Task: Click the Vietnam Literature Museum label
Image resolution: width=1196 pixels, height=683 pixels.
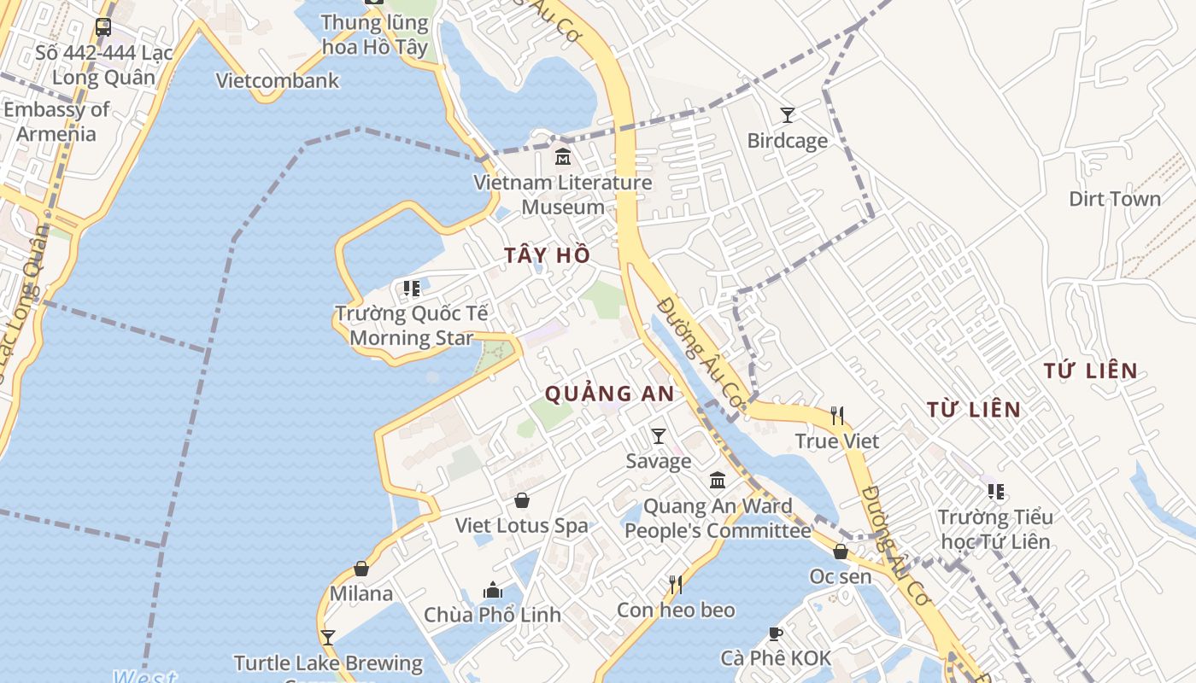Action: (563, 195)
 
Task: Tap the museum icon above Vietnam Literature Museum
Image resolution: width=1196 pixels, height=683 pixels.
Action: (563, 158)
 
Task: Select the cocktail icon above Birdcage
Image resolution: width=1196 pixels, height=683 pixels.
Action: (788, 114)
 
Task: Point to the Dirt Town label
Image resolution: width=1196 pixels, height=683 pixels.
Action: (1115, 199)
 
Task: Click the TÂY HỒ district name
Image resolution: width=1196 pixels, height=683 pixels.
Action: (547, 254)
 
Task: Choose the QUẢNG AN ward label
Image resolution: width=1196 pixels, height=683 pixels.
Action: (609, 394)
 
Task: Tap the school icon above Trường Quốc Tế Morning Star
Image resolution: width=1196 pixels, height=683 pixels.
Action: (412, 289)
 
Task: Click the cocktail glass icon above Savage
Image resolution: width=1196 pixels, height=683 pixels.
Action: (659, 436)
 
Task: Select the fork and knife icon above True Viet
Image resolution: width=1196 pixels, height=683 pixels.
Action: (837, 416)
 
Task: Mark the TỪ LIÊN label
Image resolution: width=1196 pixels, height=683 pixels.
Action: (974, 410)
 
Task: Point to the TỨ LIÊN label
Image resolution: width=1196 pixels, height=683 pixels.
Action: (1091, 371)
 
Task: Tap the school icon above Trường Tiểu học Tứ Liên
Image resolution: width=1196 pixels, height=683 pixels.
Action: (995, 492)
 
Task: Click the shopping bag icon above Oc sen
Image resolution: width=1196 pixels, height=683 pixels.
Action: (841, 552)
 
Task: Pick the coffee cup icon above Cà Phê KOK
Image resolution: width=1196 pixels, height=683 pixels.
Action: (775, 633)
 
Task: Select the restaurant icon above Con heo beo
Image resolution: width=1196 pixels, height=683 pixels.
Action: (676, 585)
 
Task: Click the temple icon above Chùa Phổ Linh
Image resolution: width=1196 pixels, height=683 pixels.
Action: (492, 590)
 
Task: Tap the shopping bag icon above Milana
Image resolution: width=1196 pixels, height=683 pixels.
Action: (361, 569)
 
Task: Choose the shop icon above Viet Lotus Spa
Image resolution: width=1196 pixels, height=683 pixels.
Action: (521, 500)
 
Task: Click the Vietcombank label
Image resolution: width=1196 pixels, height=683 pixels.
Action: (278, 81)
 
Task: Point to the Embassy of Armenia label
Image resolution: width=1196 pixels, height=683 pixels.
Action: (56, 121)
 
